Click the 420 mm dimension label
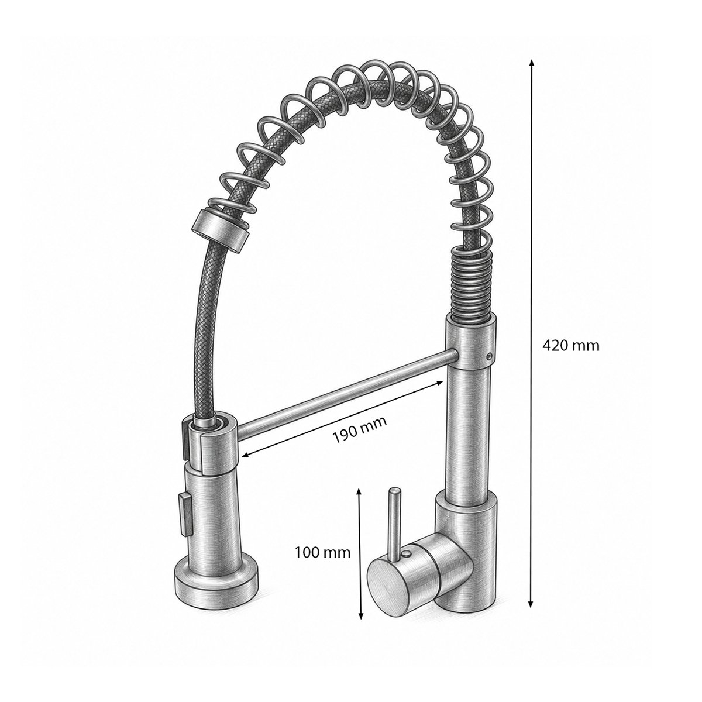click(570, 345)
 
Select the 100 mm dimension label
click(322, 563)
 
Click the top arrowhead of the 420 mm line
click(532, 63)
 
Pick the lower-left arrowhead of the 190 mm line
click(247, 455)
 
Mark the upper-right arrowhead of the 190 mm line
click(439, 383)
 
